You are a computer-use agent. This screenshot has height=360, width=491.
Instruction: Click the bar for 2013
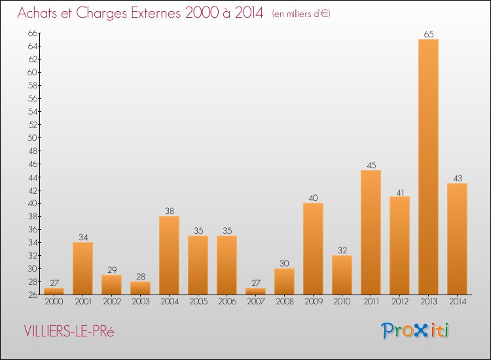point(428,167)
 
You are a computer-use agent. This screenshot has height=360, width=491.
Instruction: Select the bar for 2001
point(82,268)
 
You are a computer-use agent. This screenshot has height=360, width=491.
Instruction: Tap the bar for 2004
point(169,255)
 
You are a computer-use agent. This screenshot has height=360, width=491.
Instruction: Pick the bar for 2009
point(313,249)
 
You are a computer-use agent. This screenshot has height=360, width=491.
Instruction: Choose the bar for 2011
point(371,232)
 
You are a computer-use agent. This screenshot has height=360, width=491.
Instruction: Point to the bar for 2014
point(457,239)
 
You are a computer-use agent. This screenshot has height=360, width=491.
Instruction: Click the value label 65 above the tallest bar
point(428,35)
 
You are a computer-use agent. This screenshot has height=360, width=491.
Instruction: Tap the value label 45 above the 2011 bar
point(371,166)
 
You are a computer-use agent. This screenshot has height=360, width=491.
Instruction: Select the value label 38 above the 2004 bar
point(169,211)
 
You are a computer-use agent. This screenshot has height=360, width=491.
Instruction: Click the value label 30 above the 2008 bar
point(284,264)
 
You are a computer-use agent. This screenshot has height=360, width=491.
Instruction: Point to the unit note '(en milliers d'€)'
point(301,14)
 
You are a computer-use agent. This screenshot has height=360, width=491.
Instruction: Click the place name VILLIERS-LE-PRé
point(69,331)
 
